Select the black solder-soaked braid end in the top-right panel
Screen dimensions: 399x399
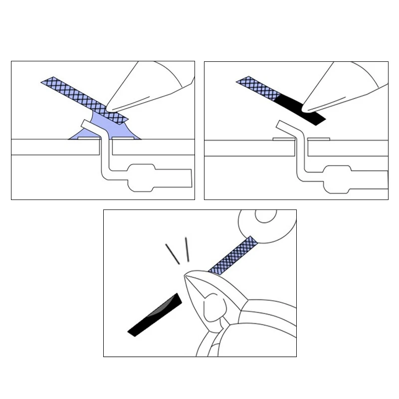tap(299, 107)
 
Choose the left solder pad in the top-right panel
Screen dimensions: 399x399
tap(283, 139)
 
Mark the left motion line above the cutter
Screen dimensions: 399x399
tap(172, 254)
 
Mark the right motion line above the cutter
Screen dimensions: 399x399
tap(188, 249)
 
